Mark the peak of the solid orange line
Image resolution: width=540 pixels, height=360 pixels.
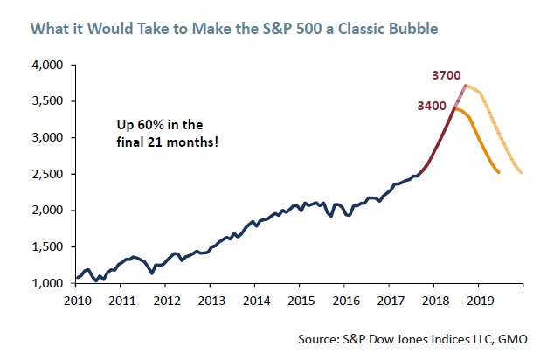pos(455,108)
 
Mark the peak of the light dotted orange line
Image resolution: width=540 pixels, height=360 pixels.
pos(467,86)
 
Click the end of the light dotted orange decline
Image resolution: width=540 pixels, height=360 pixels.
pos(522,172)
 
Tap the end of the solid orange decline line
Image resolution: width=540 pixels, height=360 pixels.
pos(498,172)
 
